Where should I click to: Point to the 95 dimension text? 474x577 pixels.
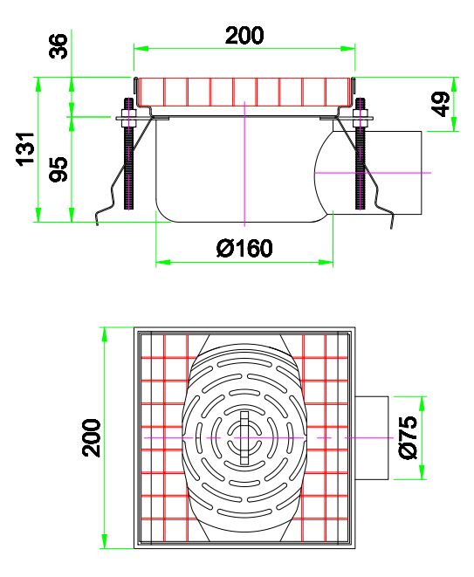point(59,168)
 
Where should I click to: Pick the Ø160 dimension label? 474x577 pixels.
point(244,249)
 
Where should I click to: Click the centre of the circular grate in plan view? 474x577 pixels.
point(244,436)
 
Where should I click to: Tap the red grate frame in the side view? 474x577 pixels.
point(244,91)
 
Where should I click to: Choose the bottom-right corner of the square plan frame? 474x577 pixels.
point(354,547)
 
